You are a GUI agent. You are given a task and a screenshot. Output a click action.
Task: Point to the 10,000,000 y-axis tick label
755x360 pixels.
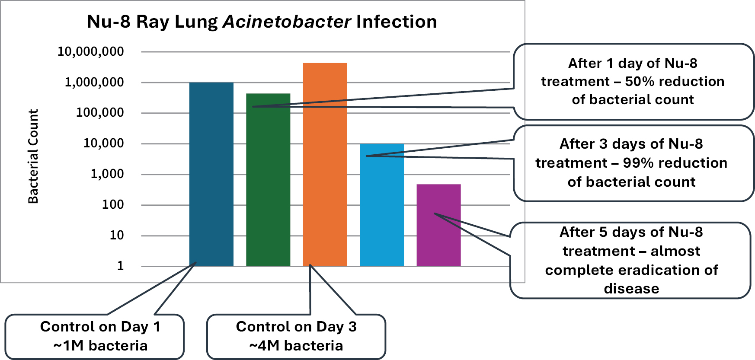tap(90, 51)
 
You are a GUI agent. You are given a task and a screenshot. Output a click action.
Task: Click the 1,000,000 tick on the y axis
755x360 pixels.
tap(94, 82)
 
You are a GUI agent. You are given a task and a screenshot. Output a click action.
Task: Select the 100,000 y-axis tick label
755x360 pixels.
tap(99, 113)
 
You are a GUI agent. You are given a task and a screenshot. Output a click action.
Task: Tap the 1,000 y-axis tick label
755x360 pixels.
tap(107, 174)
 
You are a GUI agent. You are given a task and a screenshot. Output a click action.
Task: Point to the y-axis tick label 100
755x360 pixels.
tap(112, 205)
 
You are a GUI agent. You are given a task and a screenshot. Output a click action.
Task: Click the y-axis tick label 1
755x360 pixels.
tap(120, 266)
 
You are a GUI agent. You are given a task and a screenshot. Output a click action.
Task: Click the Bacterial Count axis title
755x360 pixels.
tap(33, 156)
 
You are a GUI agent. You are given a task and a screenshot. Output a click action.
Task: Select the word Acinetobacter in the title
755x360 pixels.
tap(287, 22)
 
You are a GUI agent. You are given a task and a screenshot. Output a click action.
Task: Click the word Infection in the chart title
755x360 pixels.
tap(397, 22)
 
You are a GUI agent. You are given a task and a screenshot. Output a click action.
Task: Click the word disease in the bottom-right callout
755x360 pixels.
tap(631, 289)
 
